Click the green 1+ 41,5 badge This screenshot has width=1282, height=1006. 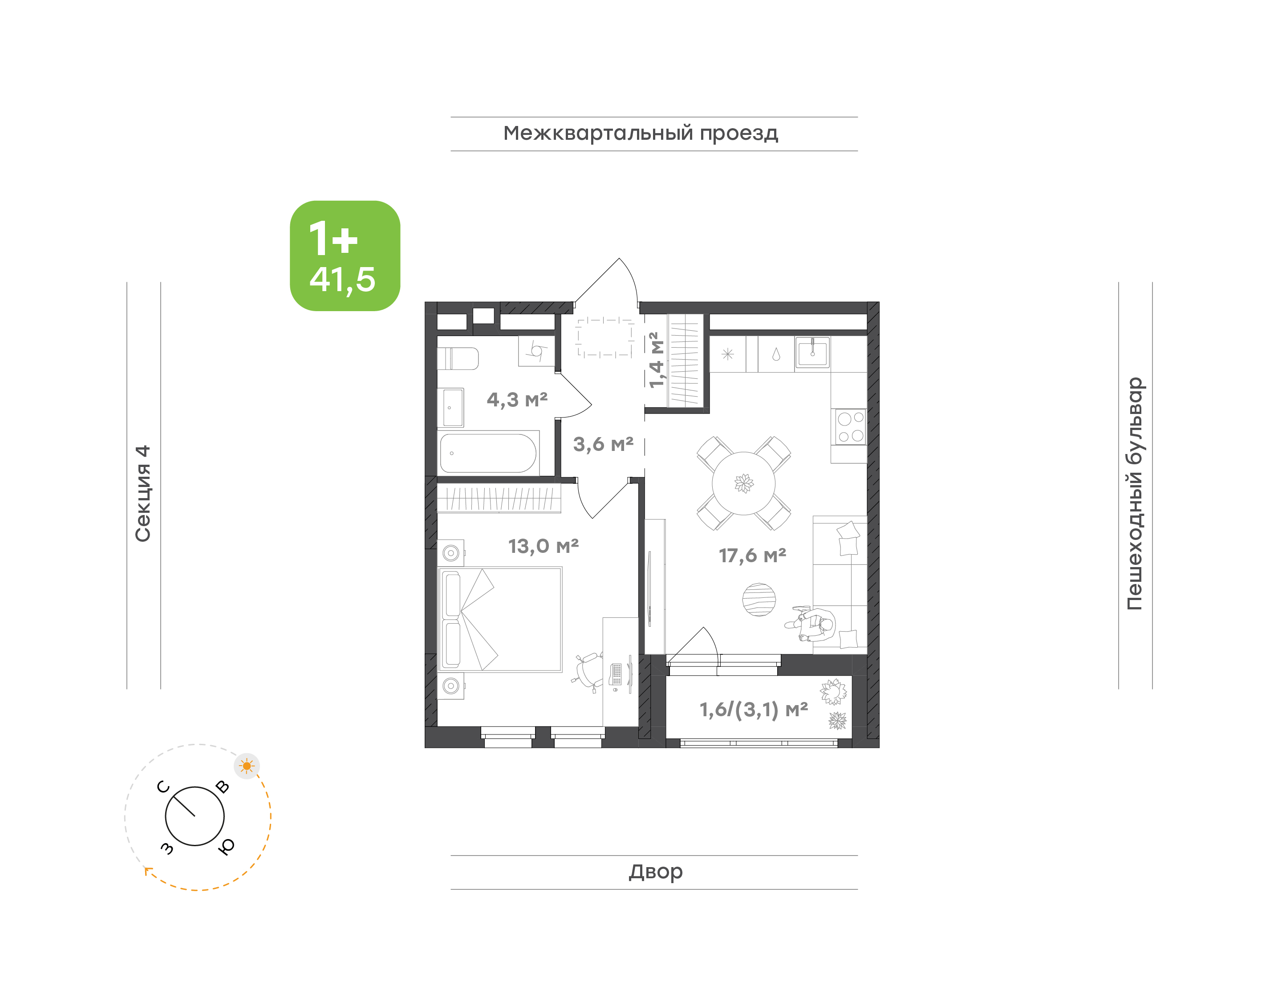pyautogui.click(x=345, y=256)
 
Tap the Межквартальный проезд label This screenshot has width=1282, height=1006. pyautogui.click(x=641, y=134)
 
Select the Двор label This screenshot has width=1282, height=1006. pyautogui.click(x=655, y=872)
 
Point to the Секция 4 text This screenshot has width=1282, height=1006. pyautogui.click(x=143, y=494)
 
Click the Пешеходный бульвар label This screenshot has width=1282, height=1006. pyautogui.click(x=1134, y=494)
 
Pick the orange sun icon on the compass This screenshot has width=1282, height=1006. pyautogui.click(x=247, y=766)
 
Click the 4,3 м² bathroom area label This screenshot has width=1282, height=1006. pyautogui.click(x=517, y=400)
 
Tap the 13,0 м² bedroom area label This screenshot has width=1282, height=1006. pyautogui.click(x=544, y=547)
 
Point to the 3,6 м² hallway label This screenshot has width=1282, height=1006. pyautogui.click(x=603, y=444)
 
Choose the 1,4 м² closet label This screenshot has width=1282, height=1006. pyautogui.click(x=656, y=360)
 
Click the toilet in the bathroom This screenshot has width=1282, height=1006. pyautogui.click(x=458, y=358)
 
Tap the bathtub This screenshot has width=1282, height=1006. pyautogui.click(x=488, y=453)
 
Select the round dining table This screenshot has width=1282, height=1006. pyautogui.click(x=744, y=483)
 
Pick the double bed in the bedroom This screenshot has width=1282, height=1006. pyautogui.click(x=500, y=620)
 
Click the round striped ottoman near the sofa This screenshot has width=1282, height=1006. pyautogui.click(x=759, y=600)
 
